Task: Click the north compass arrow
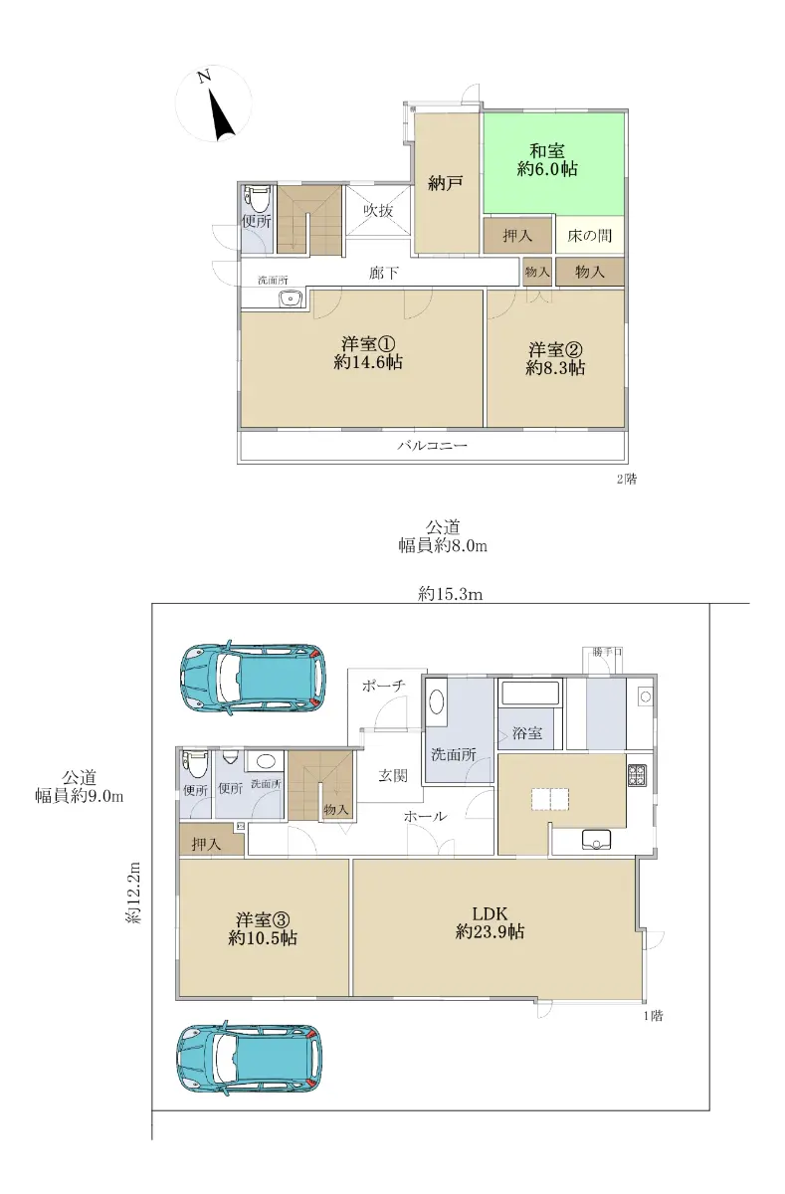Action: pos(223,117)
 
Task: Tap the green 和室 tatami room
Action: pos(553,163)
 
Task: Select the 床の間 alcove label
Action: pos(589,236)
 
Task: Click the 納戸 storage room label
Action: pos(445,184)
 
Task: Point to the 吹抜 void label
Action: pos(378,211)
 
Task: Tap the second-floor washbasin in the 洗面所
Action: pos(291,299)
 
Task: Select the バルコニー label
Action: pos(432,445)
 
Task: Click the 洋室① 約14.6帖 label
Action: pos(368,353)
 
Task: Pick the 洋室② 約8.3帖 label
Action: pos(555,359)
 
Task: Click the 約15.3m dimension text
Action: pos(451,594)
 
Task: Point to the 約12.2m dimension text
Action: pos(133,893)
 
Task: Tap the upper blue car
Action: pos(254,678)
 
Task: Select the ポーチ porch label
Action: pos(384,686)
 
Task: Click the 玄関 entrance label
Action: pos(393,775)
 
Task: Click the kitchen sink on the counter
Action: pos(596,840)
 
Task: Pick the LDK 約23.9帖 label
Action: pos(490,922)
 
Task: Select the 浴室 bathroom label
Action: pos(527,733)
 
